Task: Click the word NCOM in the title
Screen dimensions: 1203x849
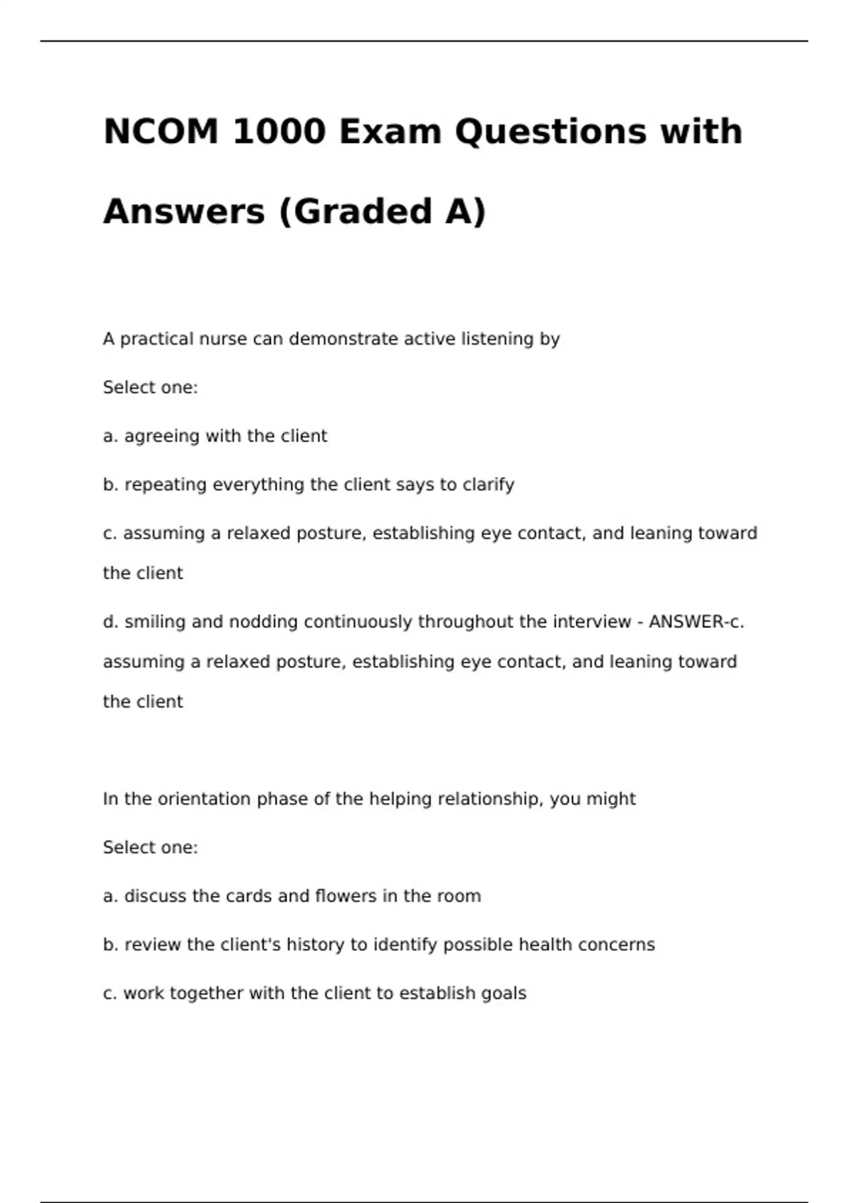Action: [x=161, y=132]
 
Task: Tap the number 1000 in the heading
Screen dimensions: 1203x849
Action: [x=279, y=132]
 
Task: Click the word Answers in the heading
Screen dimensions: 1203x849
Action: [x=184, y=212]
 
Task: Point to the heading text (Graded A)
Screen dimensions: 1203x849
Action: [x=383, y=212]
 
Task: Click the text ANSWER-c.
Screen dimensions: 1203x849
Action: [x=696, y=622]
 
